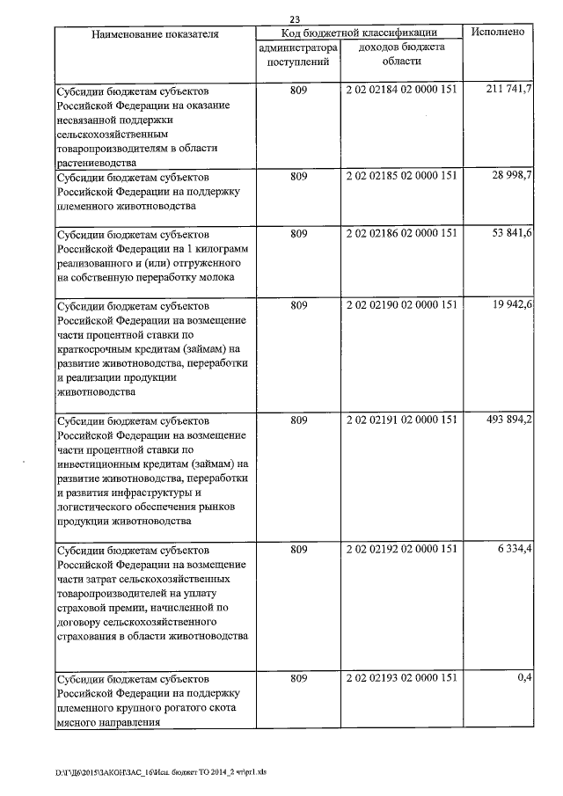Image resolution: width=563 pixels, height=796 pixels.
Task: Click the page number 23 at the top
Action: coord(295,18)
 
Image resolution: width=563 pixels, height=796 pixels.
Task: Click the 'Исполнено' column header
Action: coord(499,32)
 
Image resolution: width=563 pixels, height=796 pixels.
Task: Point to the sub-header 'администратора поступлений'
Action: coord(298,55)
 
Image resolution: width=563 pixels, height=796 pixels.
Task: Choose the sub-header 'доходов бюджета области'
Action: coord(402,55)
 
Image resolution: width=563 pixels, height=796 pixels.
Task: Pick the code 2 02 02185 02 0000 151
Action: coord(402,177)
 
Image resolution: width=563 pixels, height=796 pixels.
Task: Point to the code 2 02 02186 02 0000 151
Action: coord(402,235)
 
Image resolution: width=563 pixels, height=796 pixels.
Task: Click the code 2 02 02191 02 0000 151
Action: coord(402,420)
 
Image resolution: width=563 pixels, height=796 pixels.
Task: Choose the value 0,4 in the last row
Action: coord(524,678)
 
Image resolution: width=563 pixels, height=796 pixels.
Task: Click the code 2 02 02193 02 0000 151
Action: coord(402,679)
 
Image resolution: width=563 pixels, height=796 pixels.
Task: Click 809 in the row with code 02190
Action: coord(298,305)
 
